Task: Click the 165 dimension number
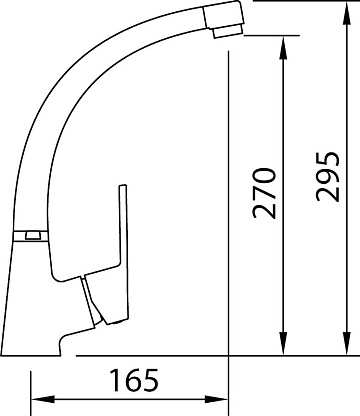point(134,380)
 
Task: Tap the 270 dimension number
point(265,193)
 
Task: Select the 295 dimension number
point(328,177)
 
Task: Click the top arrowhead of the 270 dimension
point(283,48)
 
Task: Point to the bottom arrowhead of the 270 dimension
point(283,343)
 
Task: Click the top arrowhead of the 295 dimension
point(347,13)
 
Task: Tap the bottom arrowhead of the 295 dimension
point(347,343)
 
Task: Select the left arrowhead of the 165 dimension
point(43,399)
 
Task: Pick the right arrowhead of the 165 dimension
point(216,399)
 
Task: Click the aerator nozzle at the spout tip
point(228,32)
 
